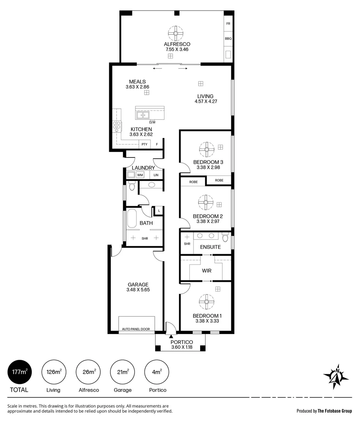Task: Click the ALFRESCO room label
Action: [x=177, y=44]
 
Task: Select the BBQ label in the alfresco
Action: [x=228, y=39]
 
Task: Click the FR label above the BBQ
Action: [x=228, y=23]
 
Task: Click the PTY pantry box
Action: [x=144, y=144]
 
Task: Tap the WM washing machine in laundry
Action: [x=140, y=175]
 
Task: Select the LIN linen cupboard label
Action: [x=156, y=175]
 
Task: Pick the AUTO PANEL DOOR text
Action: [x=136, y=329]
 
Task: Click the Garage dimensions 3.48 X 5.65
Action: [x=138, y=290]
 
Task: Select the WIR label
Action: [x=206, y=270]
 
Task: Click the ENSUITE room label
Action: [x=210, y=247]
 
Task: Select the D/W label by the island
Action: [x=152, y=122]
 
